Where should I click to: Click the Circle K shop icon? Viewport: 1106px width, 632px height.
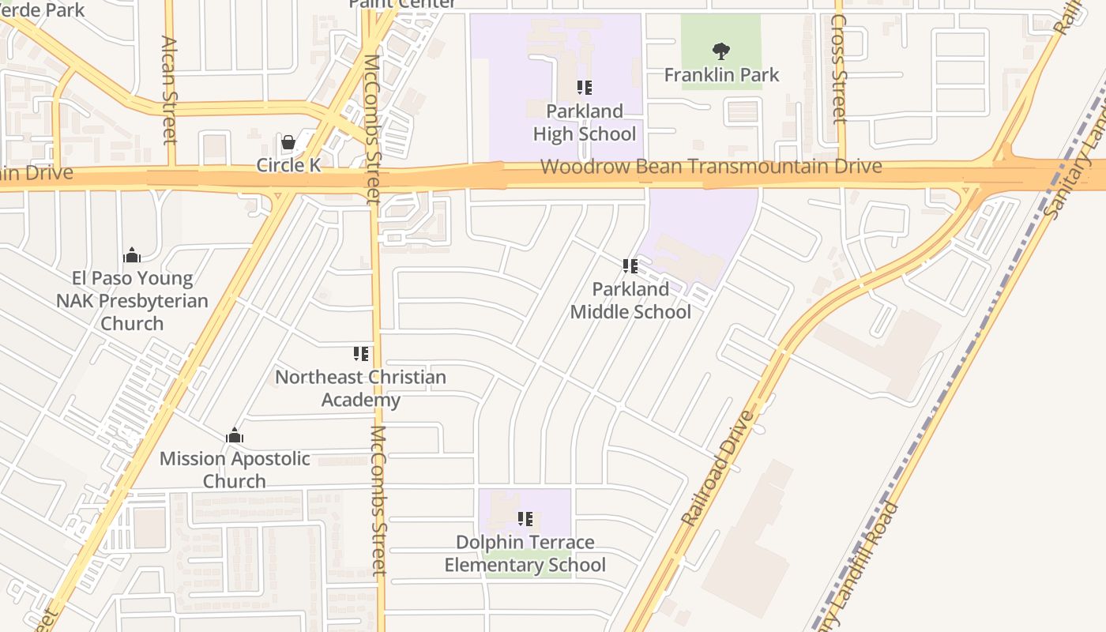[288, 143]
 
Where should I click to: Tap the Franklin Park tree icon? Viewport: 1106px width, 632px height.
[720, 52]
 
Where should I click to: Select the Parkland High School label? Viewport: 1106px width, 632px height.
[584, 122]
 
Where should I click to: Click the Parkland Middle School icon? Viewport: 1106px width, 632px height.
[630, 266]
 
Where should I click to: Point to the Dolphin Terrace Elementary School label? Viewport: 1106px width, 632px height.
[525, 554]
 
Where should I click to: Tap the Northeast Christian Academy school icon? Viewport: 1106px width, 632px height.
[361, 354]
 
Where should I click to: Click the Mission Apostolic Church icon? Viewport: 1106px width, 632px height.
[235, 435]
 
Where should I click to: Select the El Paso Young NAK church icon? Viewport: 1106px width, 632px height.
[132, 255]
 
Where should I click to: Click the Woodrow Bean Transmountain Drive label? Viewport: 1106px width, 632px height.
[711, 167]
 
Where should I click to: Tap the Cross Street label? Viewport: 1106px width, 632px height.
[839, 70]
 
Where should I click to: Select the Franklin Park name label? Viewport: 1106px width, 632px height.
[721, 75]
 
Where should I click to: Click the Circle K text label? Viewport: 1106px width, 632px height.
[288, 165]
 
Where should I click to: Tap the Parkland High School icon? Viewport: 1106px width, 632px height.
[584, 88]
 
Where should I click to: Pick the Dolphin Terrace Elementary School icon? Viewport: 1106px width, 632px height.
[525, 519]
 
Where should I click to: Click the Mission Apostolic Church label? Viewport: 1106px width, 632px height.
[235, 470]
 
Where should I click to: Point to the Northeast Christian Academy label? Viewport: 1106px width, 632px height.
[361, 389]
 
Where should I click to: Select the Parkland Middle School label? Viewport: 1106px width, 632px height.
[630, 300]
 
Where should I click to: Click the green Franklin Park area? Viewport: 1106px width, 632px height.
[743, 32]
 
